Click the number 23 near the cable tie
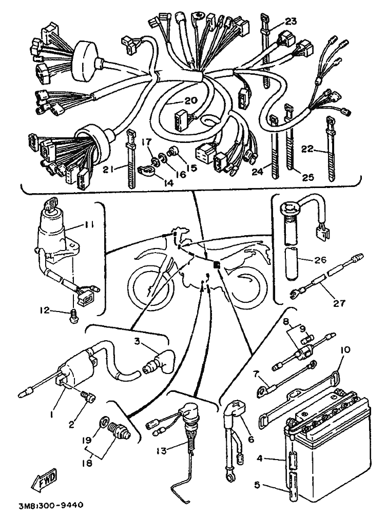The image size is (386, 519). click(x=291, y=22)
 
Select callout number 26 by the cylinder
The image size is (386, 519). click(x=320, y=260)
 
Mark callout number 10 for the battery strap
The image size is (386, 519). click(x=344, y=350)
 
